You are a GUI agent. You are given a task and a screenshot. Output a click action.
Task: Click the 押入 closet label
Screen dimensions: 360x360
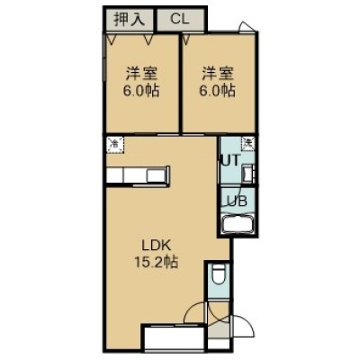[x=130, y=19]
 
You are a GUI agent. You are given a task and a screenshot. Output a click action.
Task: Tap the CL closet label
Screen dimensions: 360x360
[x=180, y=19]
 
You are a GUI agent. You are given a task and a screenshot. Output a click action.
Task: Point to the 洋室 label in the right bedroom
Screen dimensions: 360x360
[x=218, y=74]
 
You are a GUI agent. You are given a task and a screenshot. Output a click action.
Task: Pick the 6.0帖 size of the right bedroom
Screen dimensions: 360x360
[x=218, y=91]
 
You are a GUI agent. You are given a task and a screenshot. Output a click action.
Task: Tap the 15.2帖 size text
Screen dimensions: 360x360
[x=156, y=263]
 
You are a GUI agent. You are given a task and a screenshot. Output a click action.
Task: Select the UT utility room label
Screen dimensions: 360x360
[x=230, y=160]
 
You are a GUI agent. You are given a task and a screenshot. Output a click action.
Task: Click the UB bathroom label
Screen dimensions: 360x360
[x=235, y=201]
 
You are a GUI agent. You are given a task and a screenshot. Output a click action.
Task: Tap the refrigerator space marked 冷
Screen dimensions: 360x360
[x=115, y=145]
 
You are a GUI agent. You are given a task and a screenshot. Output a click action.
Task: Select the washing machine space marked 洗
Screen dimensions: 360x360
[x=248, y=144]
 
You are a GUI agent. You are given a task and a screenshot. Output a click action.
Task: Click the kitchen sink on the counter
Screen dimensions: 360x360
[x=156, y=175]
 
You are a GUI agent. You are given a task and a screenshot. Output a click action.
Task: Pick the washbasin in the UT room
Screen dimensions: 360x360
[x=248, y=174]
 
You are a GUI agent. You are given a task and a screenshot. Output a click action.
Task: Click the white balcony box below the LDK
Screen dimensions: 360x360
[x=175, y=342]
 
